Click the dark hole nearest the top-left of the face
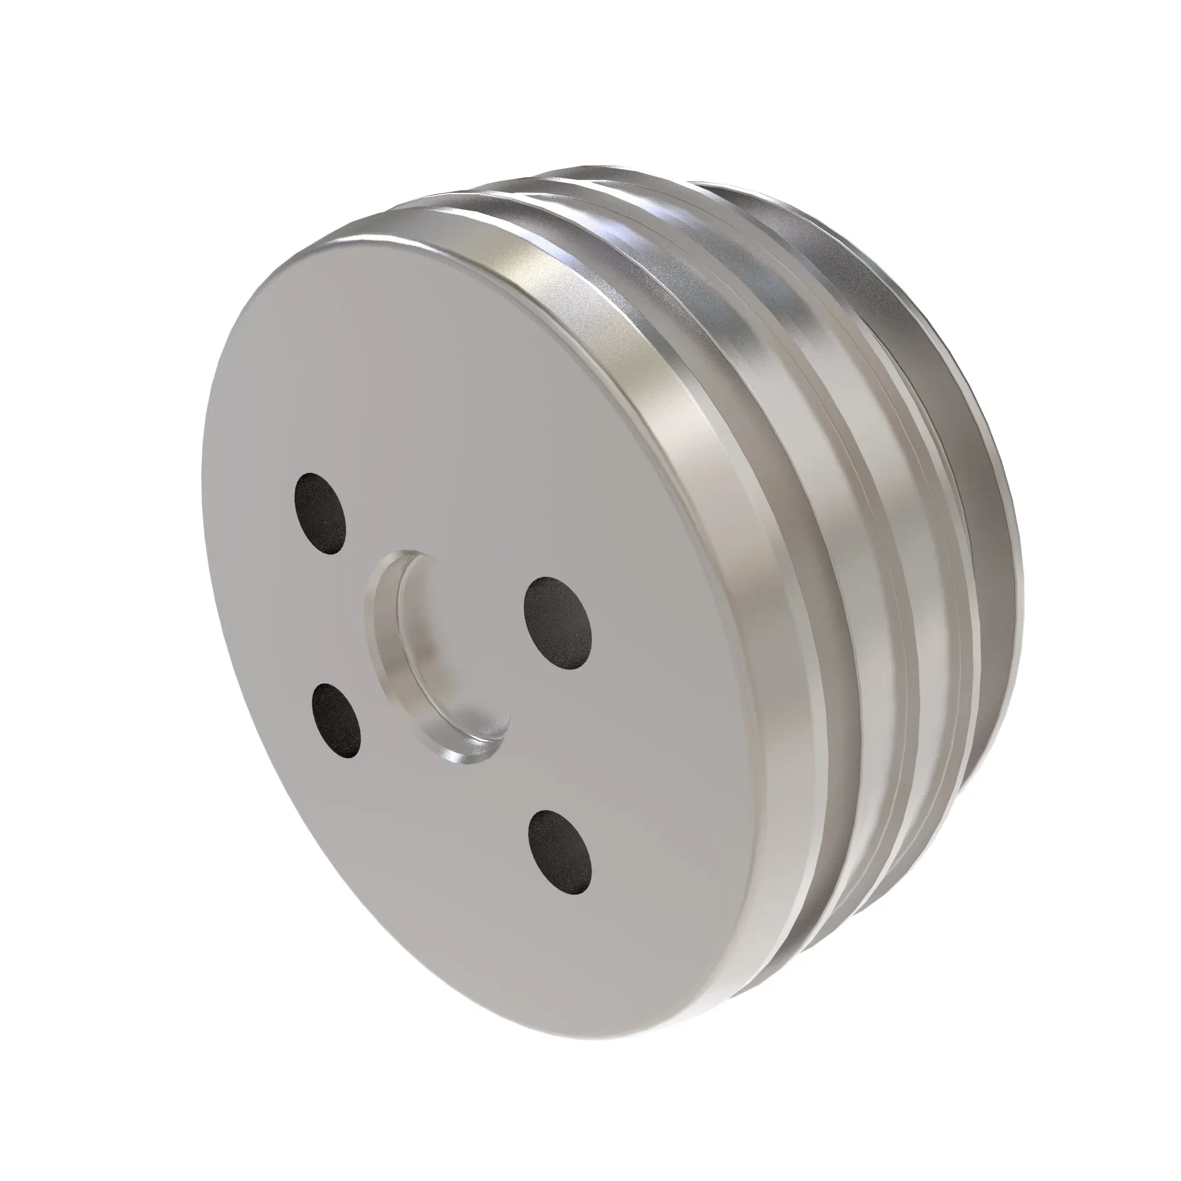point(319,514)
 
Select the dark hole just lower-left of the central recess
point(335,720)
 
